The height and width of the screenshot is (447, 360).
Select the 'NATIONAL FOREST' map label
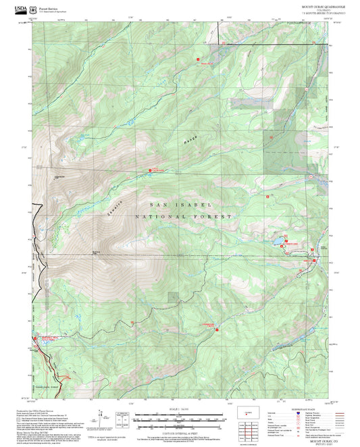183,217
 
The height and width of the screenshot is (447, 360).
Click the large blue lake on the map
277,239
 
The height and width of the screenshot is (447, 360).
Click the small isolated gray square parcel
174,296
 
